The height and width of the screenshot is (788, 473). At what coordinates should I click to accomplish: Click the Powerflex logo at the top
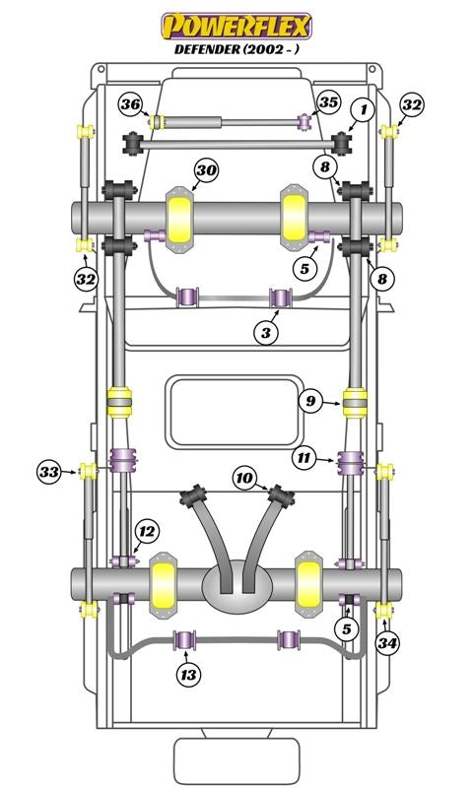click(x=236, y=27)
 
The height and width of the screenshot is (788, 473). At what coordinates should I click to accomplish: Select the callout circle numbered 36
click(x=131, y=104)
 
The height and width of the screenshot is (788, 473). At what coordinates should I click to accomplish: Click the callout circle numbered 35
click(x=329, y=102)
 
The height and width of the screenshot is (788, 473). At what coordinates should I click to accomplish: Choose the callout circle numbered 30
click(x=207, y=170)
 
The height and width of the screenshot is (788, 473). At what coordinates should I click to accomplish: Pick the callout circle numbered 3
click(x=266, y=332)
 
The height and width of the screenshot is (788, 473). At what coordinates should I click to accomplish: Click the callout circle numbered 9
click(x=310, y=401)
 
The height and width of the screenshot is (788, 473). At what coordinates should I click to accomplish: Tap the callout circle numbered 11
click(x=305, y=458)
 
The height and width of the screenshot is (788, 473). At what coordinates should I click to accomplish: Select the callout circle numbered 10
click(x=244, y=478)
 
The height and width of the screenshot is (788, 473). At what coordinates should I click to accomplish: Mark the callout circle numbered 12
click(x=147, y=531)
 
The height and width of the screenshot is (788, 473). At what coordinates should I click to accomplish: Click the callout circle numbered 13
click(x=188, y=675)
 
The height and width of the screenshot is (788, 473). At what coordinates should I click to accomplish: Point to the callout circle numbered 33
click(x=49, y=472)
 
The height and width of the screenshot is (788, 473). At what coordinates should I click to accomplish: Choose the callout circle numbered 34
click(x=387, y=643)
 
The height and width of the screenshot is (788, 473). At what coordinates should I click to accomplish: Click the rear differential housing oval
click(x=237, y=586)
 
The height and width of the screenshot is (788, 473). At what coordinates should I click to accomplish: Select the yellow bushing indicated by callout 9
click(x=355, y=403)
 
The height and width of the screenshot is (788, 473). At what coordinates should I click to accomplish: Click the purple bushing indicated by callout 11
click(x=351, y=462)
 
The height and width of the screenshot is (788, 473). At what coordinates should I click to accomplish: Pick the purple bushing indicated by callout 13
click(x=185, y=639)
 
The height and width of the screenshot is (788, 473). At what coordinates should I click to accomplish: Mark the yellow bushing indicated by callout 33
click(x=88, y=472)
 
